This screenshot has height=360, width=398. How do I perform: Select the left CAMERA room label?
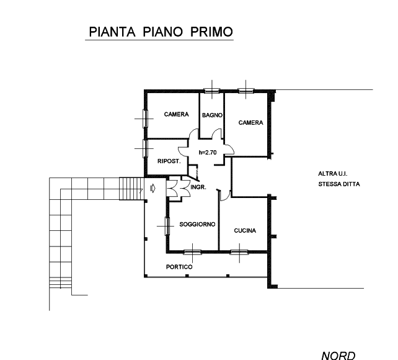click(x=176, y=114)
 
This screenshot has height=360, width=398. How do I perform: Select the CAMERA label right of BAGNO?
click(x=251, y=123)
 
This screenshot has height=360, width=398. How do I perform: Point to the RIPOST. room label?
click(x=168, y=161)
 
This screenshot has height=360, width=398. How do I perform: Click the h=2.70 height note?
click(x=206, y=152)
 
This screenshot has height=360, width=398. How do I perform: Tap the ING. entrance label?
click(x=199, y=187)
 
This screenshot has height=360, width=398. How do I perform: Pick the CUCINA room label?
click(x=245, y=230)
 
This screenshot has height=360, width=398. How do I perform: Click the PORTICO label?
click(x=179, y=267)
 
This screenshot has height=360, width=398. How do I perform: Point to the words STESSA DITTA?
click(x=338, y=184)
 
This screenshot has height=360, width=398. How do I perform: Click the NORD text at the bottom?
click(x=338, y=355)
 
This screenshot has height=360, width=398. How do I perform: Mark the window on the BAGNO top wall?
click(x=213, y=91)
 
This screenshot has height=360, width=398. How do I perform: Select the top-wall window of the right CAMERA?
click(x=246, y=91)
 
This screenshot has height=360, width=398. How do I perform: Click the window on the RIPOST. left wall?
click(x=144, y=148)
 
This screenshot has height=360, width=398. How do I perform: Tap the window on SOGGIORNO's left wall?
click(x=167, y=225)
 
